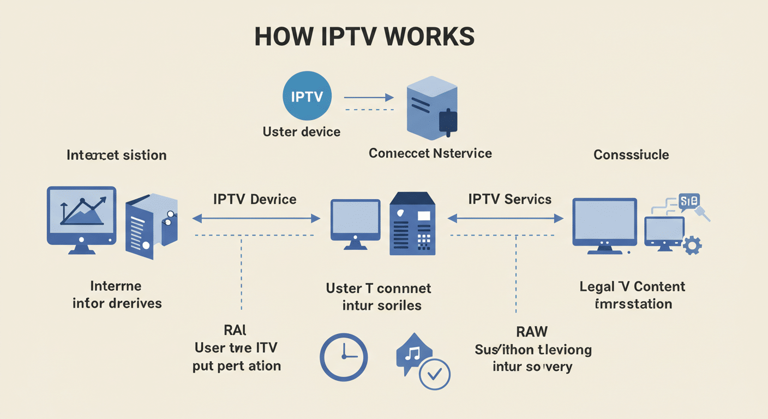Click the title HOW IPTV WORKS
tap(364, 37)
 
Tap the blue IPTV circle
tap(307, 98)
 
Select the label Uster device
tap(301, 131)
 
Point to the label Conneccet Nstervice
tap(430, 153)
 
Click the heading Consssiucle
tap(631, 154)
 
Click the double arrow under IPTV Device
tap(256, 219)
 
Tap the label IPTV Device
tap(255, 199)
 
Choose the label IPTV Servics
tap(509, 199)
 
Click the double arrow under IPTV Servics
tap(505, 219)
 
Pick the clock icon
tap(343, 357)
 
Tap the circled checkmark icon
tap(435, 374)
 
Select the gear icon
tap(692, 245)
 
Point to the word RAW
tap(531, 331)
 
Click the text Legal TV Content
tap(632, 286)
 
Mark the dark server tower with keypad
tap(412, 224)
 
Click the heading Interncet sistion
tap(116, 155)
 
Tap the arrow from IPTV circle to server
tap(368, 98)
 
